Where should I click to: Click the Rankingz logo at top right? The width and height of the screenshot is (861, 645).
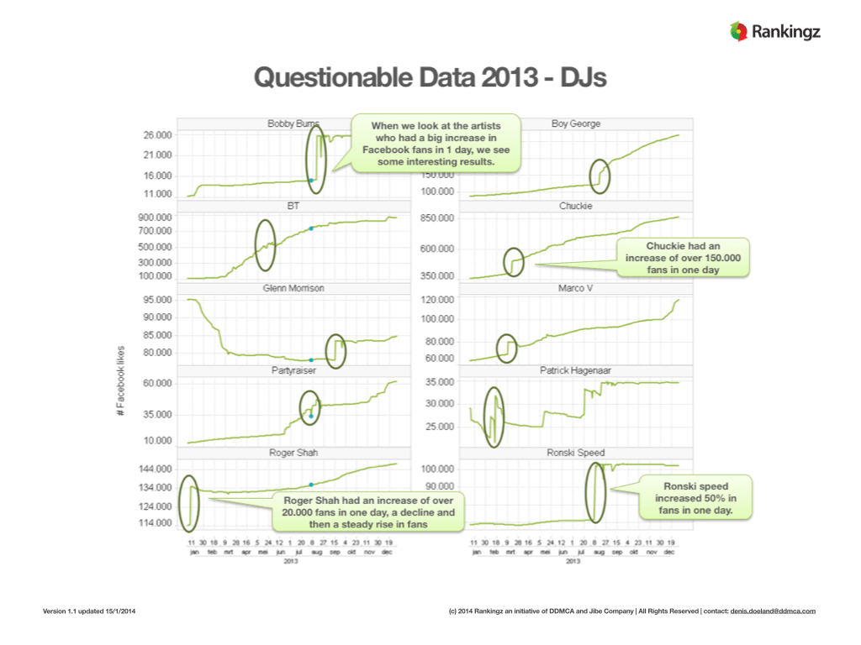click(x=774, y=33)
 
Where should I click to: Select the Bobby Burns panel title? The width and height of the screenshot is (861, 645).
click(x=288, y=124)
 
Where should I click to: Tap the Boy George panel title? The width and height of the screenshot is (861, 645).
click(x=576, y=124)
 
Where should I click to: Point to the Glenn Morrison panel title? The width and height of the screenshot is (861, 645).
click(x=293, y=288)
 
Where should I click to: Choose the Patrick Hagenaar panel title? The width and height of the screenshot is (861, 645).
click(x=575, y=370)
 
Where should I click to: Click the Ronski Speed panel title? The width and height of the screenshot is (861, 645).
click(x=575, y=453)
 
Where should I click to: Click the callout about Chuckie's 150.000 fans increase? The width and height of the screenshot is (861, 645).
click(x=683, y=258)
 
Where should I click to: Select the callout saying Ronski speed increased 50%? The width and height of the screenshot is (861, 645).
click(x=696, y=498)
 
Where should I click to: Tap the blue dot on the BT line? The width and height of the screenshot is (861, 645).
click(x=311, y=228)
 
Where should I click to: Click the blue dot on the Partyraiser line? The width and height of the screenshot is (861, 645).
click(x=311, y=416)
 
